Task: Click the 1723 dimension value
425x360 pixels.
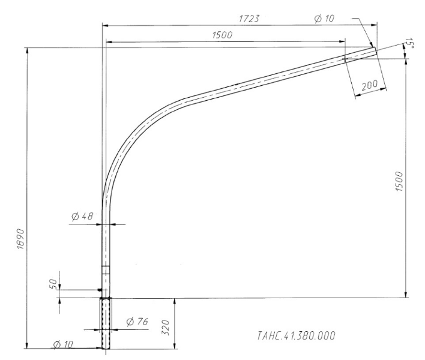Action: pyautogui.click(x=248, y=19)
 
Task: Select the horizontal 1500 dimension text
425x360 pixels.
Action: pyautogui.click(x=223, y=35)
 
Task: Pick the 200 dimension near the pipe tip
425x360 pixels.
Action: pyautogui.click(x=370, y=85)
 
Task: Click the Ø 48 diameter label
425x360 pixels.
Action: pyautogui.click(x=82, y=217)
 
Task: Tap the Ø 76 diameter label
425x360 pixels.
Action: pyautogui.click(x=137, y=322)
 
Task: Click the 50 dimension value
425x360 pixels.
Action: pyautogui.click(x=53, y=283)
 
